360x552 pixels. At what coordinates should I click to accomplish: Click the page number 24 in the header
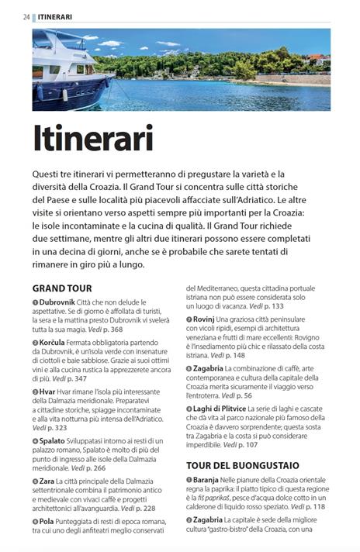(26, 16)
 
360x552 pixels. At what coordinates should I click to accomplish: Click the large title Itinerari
(93, 139)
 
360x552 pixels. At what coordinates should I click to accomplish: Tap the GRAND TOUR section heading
(62, 288)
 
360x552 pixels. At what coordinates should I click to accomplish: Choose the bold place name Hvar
(48, 392)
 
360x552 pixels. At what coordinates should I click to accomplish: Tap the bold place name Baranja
(210, 481)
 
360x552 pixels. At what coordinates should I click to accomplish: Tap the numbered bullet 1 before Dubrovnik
(35, 302)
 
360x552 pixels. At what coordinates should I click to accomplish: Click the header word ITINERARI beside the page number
(54, 16)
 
